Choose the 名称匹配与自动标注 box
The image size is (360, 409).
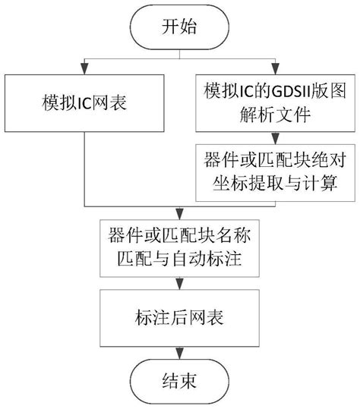(x=179, y=248)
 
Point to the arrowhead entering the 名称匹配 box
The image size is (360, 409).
(x=179, y=216)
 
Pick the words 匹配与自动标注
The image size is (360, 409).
(x=179, y=260)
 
